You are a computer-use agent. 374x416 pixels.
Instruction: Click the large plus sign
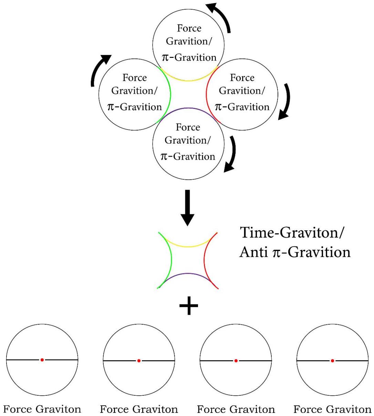189,306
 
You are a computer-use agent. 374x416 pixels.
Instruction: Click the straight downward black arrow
187,207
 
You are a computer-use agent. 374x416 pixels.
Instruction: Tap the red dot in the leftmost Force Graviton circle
42,360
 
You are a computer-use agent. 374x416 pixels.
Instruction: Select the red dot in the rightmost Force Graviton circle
332,361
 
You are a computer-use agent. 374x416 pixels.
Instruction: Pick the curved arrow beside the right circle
285,102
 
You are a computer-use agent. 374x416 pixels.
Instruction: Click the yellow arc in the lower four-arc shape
187,245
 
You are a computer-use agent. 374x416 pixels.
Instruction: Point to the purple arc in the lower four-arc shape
187,274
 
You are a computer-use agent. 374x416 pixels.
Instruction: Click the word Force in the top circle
189,28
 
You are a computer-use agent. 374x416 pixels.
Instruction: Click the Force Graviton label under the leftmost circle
42,409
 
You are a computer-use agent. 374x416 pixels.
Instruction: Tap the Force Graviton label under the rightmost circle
332,409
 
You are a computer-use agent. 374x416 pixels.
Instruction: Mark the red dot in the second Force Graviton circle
139,361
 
